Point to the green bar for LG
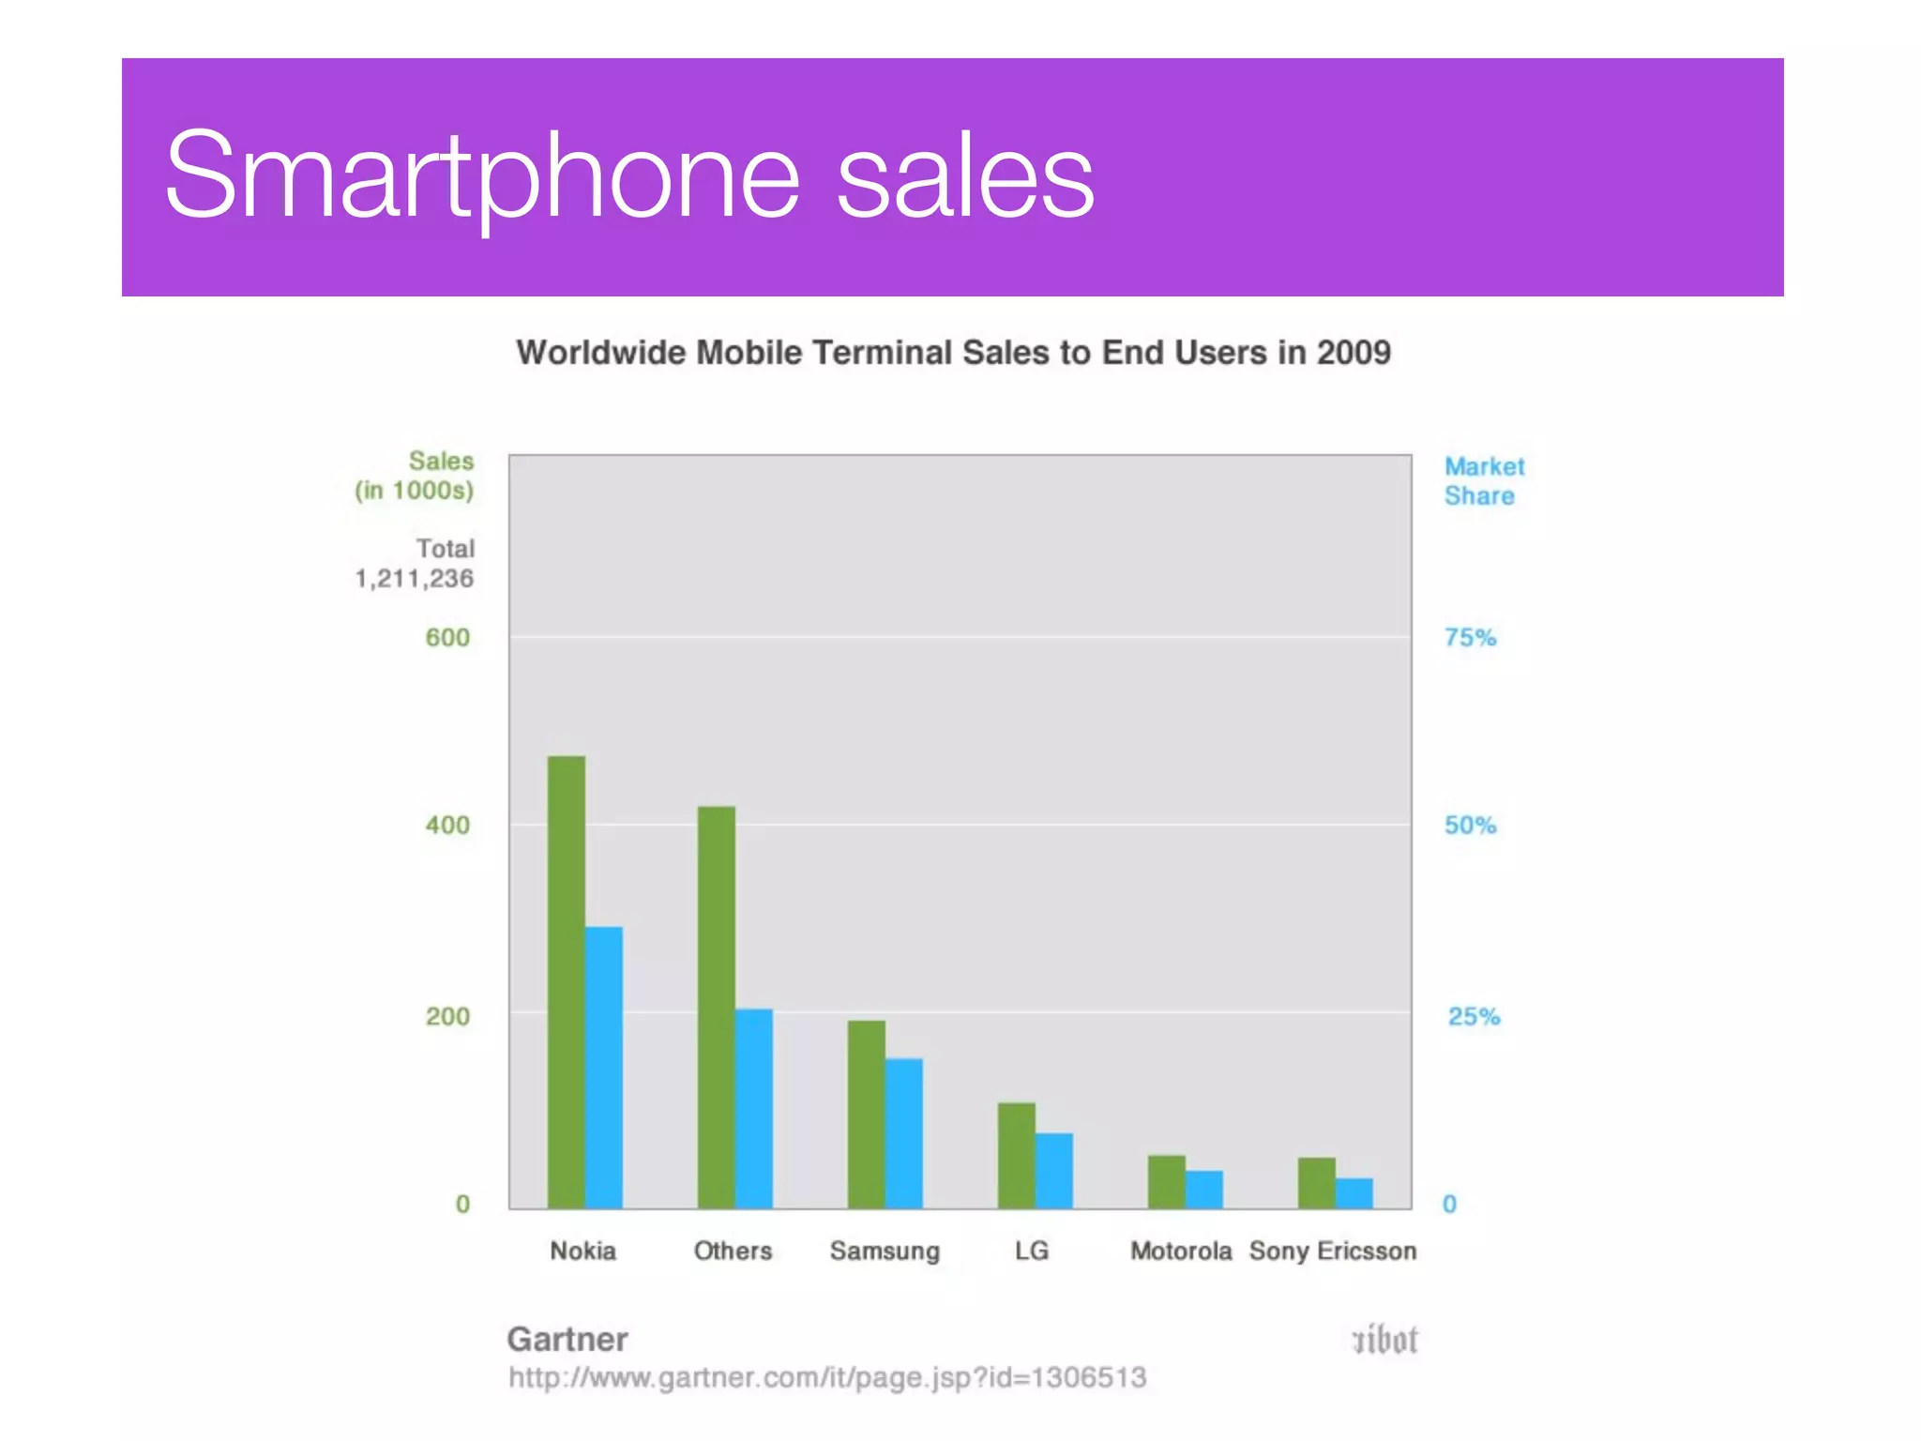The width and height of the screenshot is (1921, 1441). [1016, 1155]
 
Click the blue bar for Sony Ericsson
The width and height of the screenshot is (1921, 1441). [1354, 1193]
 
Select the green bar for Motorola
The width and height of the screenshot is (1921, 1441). [1167, 1182]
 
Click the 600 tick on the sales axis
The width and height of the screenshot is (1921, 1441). [447, 638]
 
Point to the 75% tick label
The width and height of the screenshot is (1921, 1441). [1470, 638]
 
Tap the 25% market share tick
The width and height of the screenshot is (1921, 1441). [1474, 1016]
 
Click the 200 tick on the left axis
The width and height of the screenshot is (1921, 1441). [447, 1016]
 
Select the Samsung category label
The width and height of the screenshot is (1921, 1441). [885, 1251]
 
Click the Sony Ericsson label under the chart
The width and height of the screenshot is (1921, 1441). [1332, 1251]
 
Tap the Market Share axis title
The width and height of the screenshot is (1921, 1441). [1483, 481]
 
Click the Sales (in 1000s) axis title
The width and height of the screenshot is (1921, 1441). [416, 476]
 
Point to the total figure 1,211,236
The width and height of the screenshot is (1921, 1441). [414, 579]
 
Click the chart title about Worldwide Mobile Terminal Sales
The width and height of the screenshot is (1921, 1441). [953, 353]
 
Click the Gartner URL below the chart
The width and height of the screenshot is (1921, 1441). [826, 1377]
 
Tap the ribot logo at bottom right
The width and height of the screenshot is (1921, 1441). [1384, 1340]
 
